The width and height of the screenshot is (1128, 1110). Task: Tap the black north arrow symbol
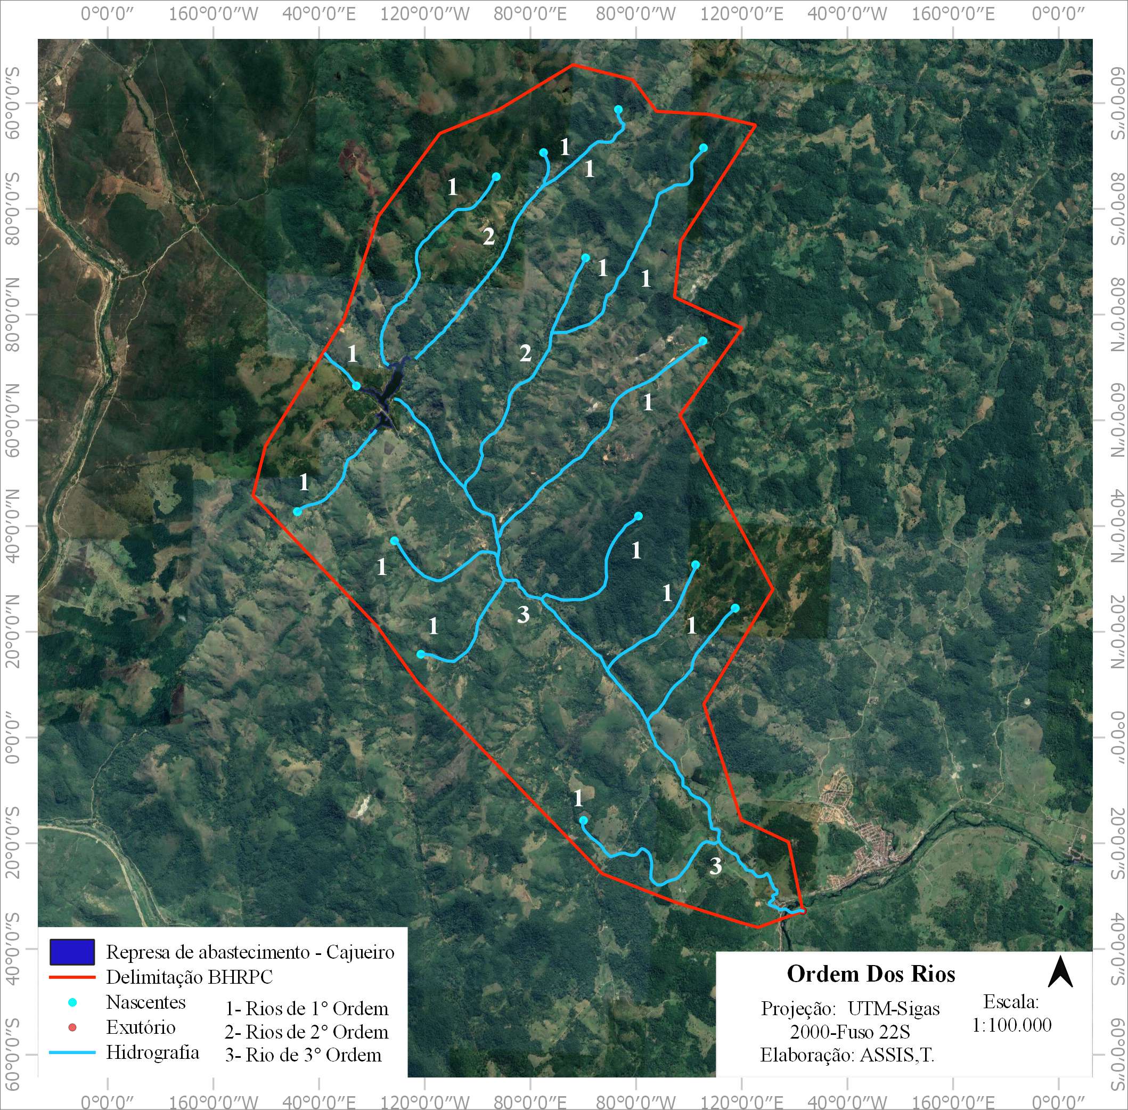(x=1060, y=972)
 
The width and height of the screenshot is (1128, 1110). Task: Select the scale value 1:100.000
(x=1011, y=1025)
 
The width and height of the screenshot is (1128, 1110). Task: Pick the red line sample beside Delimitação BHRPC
(x=72, y=976)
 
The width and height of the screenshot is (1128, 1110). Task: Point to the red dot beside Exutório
(x=72, y=1027)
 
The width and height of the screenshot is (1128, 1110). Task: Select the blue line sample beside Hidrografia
(x=72, y=1053)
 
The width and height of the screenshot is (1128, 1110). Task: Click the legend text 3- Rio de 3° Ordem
(x=303, y=1055)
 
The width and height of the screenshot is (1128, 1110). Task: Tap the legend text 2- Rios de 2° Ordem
(x=306, y=1032)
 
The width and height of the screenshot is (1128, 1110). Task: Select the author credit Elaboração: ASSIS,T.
(x=847, y=1055)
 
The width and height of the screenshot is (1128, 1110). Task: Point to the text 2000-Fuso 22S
(x=849, y=1032)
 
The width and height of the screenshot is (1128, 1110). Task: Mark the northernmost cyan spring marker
(x=618, y=110)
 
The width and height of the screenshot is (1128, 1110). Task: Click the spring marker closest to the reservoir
(x=356, y=386)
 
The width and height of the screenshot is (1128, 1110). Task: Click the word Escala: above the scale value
(x=1011, y=1002)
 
